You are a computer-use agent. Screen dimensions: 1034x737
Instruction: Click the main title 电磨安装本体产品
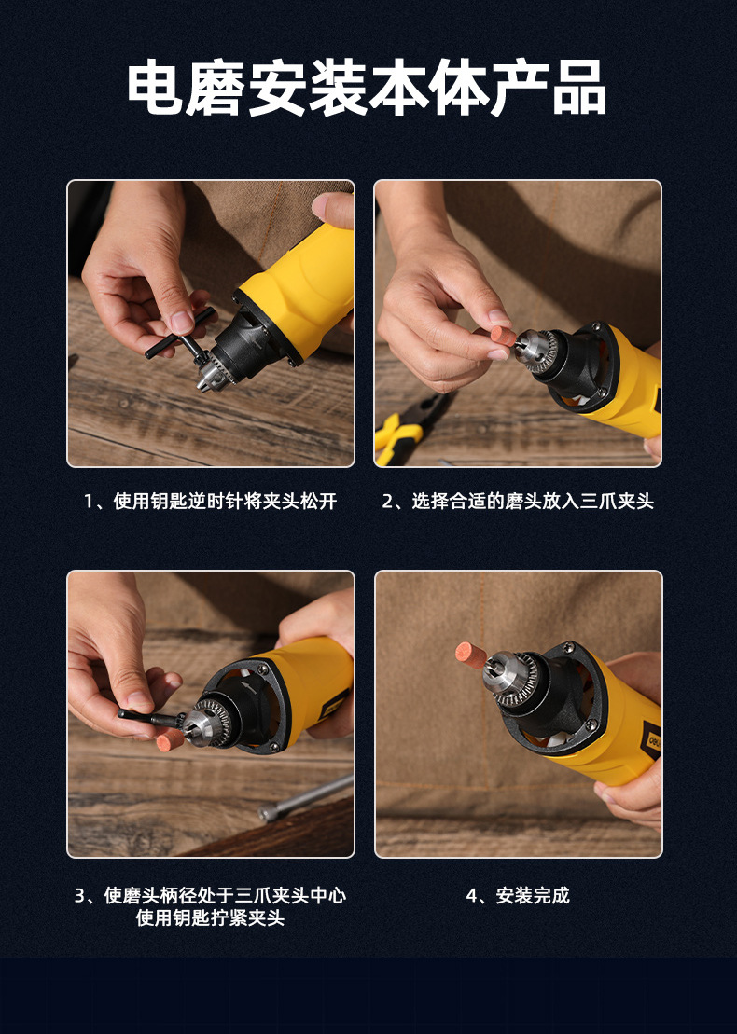(x=368, y=89)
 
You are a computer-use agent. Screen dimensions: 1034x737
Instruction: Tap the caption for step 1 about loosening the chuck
(x=210, y=502)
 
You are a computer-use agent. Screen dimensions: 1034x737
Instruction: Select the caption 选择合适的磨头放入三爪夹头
(x=518, y=502)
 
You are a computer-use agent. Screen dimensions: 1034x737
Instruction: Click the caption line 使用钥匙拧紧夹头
(x=210, y=918)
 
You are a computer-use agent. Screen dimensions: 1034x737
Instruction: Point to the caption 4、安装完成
(x=518, y=896)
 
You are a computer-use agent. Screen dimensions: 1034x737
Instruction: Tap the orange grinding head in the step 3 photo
(x=169, y=739)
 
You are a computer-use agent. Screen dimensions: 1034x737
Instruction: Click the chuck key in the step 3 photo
(x=149, y=717)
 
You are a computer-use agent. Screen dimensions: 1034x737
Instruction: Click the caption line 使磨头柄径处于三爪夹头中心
(x=210, y=896)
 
